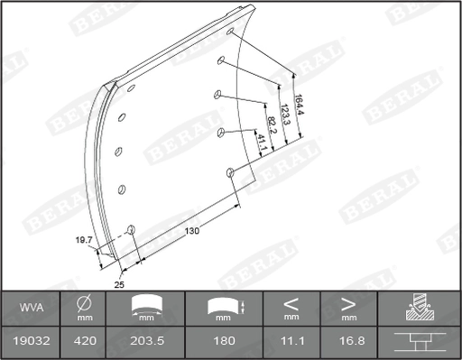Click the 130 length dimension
[191, 231]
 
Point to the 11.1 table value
[291, 341]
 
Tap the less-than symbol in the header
[291, 302]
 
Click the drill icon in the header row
[419, 308]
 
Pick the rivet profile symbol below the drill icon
[419, 341]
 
